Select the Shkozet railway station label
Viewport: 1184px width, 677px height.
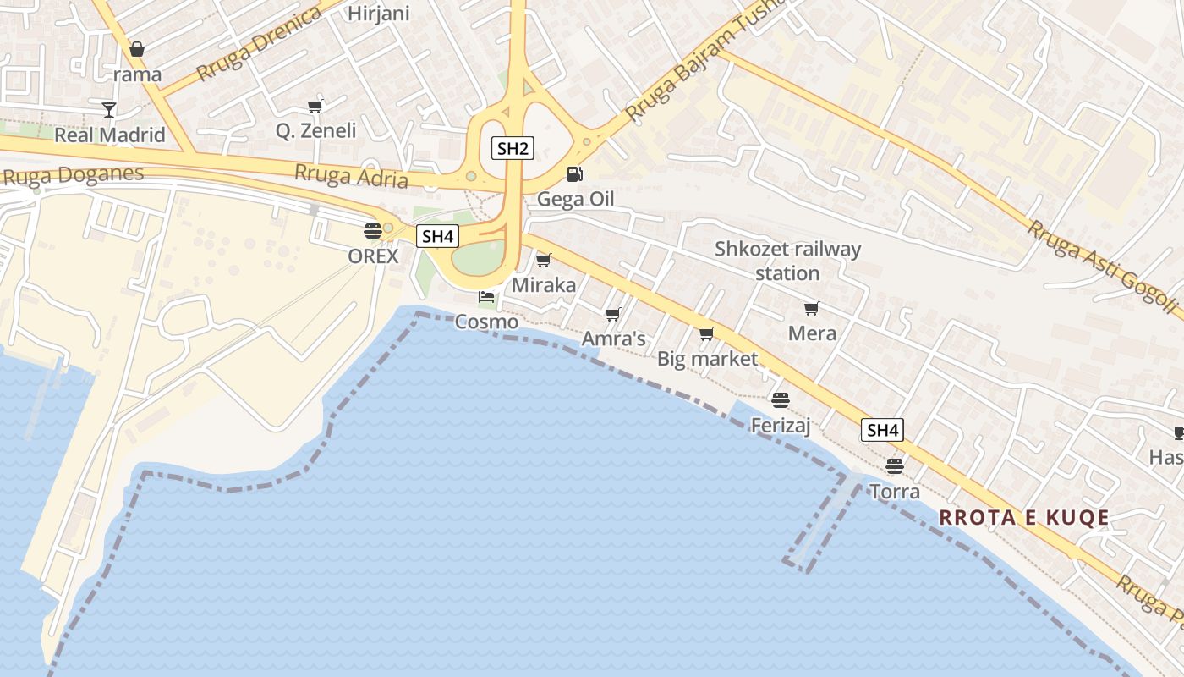(x=787, y=261)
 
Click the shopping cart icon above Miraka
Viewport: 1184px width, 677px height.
(x=544, y=260)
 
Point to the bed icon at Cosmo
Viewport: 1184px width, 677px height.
(x=486, y=297)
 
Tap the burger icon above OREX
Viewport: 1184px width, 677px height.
(x=373, y=230)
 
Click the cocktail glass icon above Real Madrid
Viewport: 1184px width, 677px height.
(x=109, y=109)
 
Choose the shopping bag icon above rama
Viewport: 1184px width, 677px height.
(x=137, y=49)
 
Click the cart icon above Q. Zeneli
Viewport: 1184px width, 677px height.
(x=315, y=106)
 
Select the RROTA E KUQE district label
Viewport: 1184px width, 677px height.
(x=1024, y=518)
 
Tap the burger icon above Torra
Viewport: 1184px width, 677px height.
(x=895, y=465)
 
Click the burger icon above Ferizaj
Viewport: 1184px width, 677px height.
(x=781, y=399)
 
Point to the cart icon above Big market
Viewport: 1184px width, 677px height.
(x=707, y=333)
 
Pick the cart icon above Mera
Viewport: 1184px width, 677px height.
(x=812, y=308)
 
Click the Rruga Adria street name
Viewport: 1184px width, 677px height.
(x=351, y=176)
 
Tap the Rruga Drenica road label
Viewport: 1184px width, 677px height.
(x=260, y=42)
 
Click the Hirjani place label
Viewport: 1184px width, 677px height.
(x=378, y=14)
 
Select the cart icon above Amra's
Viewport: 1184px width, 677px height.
(x=613, y=314)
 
